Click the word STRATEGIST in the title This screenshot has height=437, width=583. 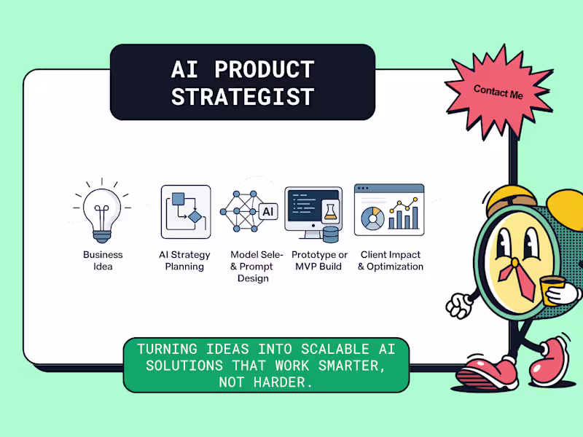(x=242, y=96)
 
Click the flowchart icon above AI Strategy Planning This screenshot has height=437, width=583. (x=185, y=211)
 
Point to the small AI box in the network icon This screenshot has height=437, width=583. (x=267, y=211)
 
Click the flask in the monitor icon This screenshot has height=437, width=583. (x=330, y=211)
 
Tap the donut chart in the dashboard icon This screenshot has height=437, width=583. (x=372, y=218)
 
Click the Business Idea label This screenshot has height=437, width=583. (x=103, y=261)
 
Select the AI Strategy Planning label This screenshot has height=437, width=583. (x=184, y=261)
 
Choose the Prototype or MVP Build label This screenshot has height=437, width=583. (x=319, y=261)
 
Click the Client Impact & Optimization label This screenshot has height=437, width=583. (x=390, y=261)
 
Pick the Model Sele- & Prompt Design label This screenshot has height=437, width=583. (x=252, y=267)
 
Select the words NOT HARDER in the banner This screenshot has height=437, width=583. (x=266, y=382)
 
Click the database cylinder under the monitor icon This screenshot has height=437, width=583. (x=331, y=235)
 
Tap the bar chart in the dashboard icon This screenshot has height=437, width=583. (x=404, y=216)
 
